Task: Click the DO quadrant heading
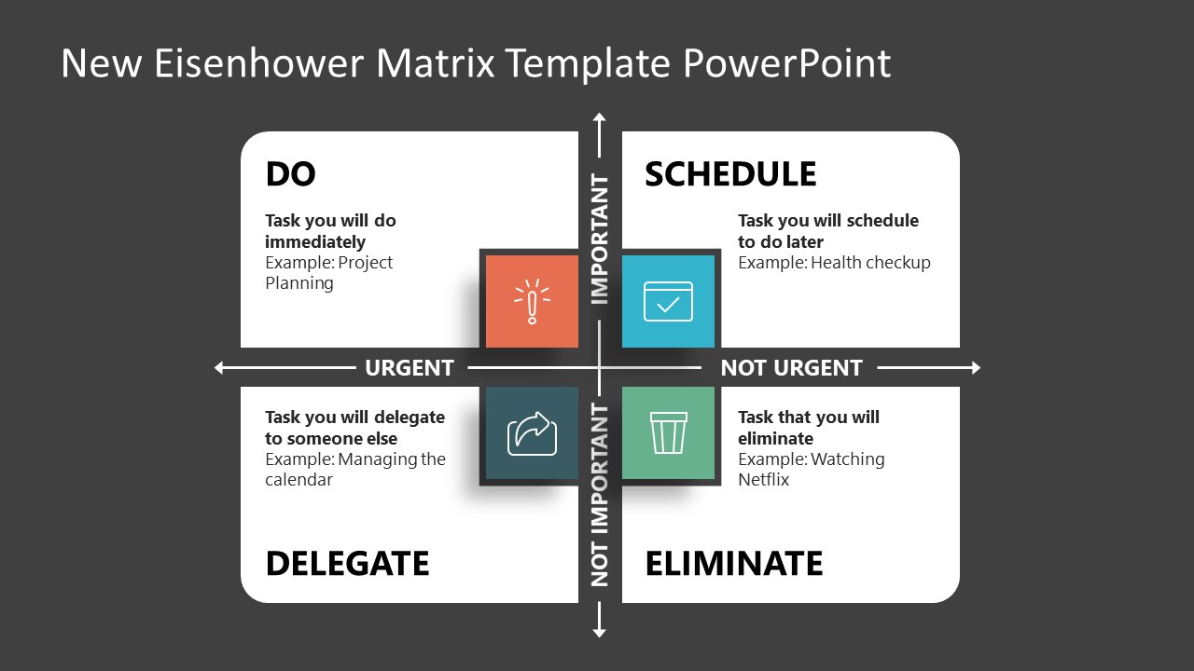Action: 290,174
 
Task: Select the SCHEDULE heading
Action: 730,174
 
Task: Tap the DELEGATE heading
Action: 347,564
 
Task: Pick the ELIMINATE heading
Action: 734,564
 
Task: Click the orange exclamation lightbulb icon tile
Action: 532,301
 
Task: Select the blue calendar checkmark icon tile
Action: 668,301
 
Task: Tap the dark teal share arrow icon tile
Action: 532,433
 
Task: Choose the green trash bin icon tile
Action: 668,433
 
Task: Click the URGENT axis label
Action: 409,368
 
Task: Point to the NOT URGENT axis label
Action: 791,368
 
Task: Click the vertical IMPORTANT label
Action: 600,240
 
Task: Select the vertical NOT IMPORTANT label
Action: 600,494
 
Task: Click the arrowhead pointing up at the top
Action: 600,117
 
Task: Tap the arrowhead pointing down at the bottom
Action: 600,633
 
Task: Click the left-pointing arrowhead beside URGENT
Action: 220,368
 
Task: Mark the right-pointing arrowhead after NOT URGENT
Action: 976,368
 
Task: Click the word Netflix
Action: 763,480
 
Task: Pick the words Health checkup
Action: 870,263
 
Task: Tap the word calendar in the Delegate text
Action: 298,480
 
